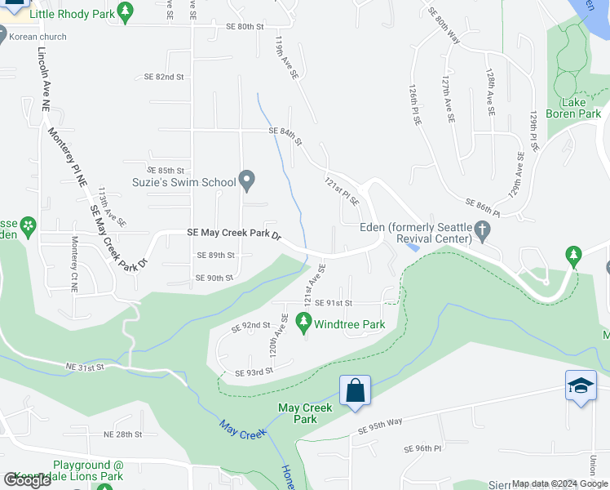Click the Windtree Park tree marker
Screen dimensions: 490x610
(304, 323)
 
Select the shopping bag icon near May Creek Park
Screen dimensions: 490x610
(356, 390)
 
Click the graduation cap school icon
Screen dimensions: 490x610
(580, 385)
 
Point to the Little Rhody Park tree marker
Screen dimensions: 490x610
(124, 11)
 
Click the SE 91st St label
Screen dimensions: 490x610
(333, 303)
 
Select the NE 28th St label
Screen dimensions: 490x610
(123, 434)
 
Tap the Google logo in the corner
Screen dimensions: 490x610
(28, 480)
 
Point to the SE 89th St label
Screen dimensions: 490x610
(215, 255)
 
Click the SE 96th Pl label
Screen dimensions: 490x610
(422, 448)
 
